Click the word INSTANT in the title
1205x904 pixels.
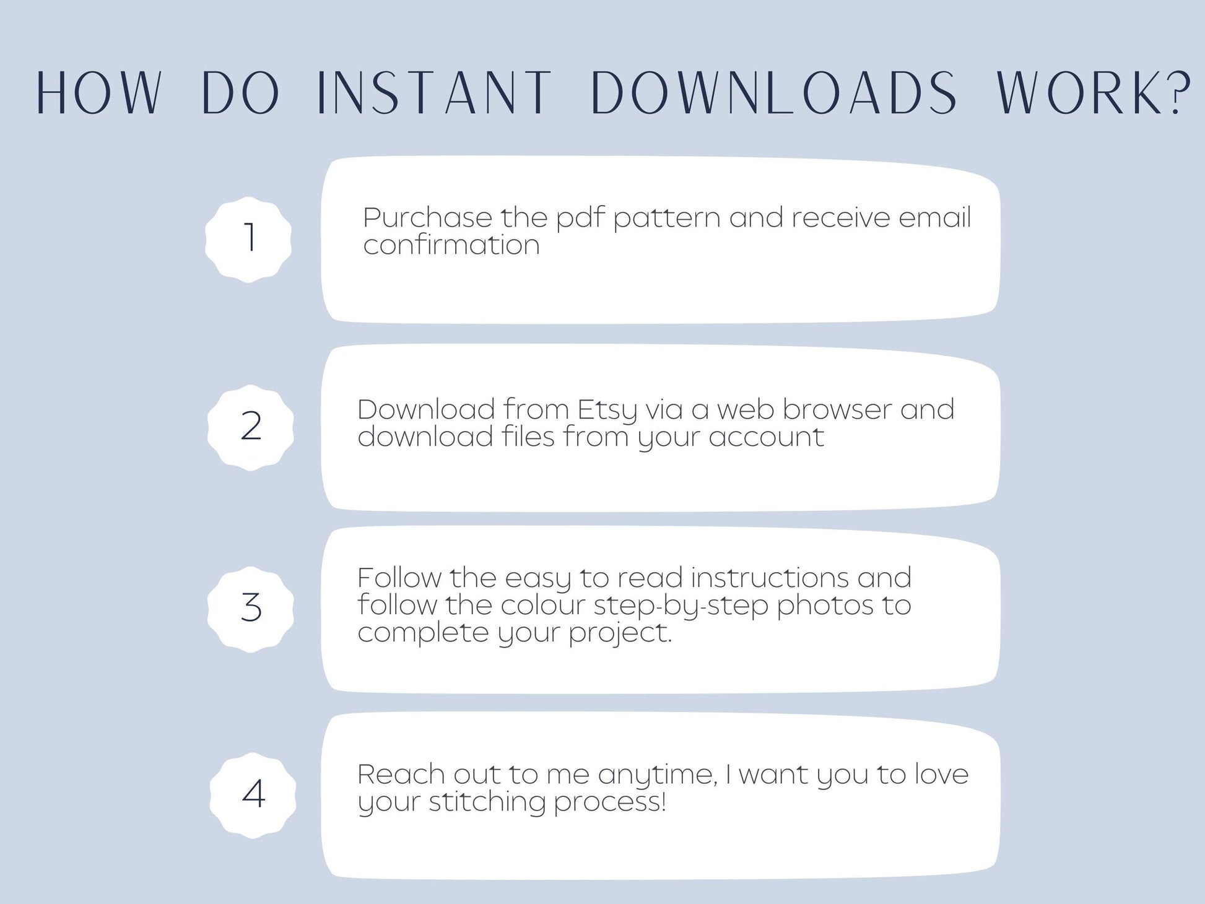[x=433, y=93]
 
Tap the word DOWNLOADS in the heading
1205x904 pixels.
[x=775, y=93]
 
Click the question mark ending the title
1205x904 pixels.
[x=1177, y=92]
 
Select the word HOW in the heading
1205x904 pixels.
[x=99, y=93]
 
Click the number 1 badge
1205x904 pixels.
[x=248, y=240]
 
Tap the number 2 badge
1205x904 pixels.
[x=250, y=427]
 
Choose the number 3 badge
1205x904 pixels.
[x=250, y=609]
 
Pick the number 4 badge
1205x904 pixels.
[x=253, y=795]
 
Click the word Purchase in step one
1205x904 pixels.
[x=427, y=217]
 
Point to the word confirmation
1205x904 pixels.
[x=451, y=245]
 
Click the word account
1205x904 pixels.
[x=766, y=437]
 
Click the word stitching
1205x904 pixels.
[x=487, y=803]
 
